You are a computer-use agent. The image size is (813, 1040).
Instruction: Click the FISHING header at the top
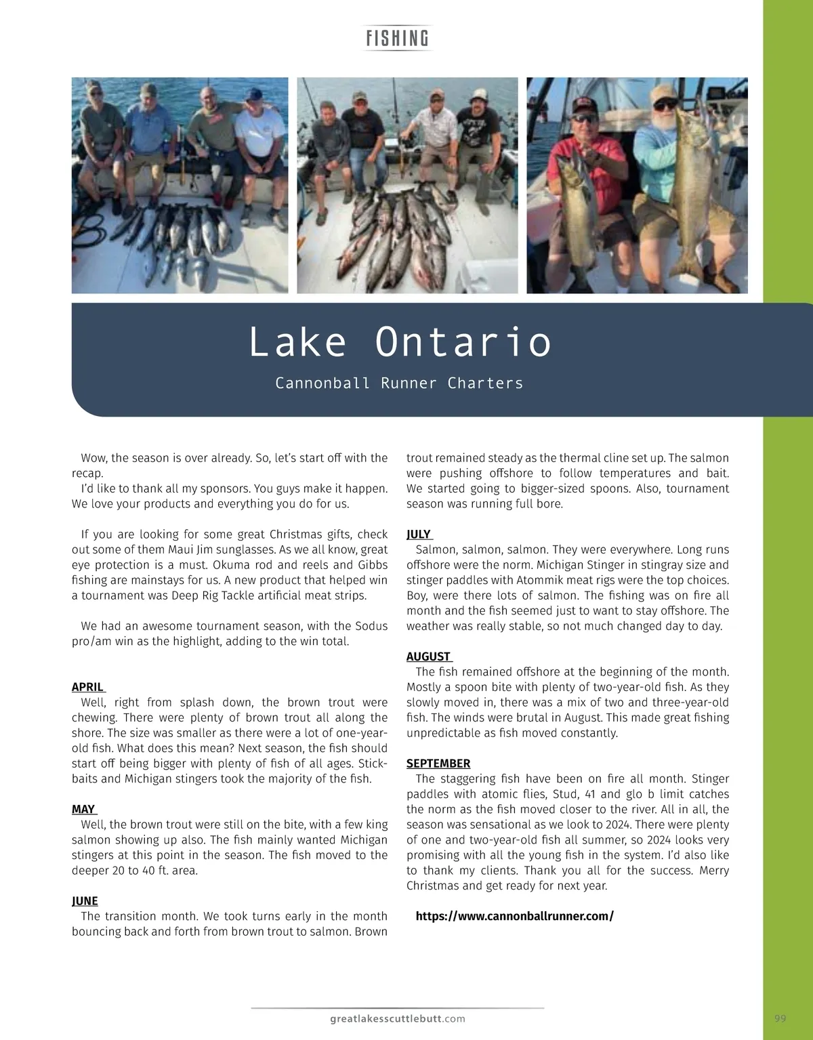[x=397, y=38]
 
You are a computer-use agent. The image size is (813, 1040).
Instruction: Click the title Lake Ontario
[x=400, y=341]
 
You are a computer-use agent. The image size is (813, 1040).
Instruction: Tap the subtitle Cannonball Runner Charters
[x=399, y=383]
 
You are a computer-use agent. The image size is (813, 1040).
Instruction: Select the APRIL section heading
[x=87, y=687]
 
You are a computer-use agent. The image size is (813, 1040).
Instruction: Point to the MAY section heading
[x=83, y=809]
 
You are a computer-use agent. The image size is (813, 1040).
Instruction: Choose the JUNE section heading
[x=85, y=900]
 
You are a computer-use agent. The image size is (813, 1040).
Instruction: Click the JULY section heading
[x=419, y=534]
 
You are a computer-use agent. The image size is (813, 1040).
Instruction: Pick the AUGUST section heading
[x=428, y=657]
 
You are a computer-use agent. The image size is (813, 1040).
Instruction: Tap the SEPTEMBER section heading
[x=438, y=763]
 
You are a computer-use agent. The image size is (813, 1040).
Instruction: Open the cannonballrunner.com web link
[x=514, y=916]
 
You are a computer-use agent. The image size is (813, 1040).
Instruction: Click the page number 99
[x=780, y=1018]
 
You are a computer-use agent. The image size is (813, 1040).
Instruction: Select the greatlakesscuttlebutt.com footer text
[x=398, y=1018]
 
